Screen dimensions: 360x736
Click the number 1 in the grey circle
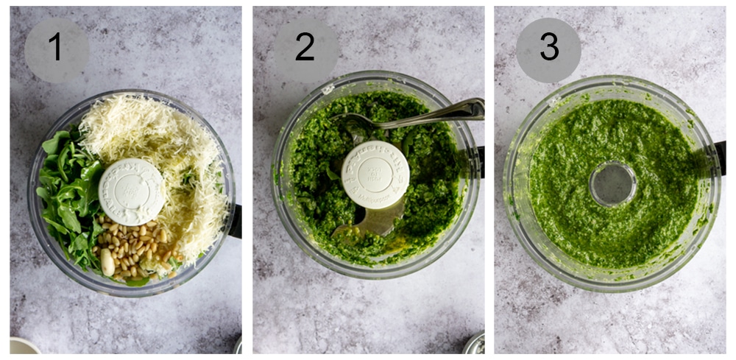tap(56, 49)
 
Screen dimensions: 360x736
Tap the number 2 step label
tap(305, 49)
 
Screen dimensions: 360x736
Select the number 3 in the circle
tap(548, 49)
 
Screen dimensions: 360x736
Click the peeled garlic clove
tap(107, 261)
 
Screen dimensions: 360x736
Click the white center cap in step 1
tap(132, 191)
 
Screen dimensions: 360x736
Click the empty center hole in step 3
tap(612, 184)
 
